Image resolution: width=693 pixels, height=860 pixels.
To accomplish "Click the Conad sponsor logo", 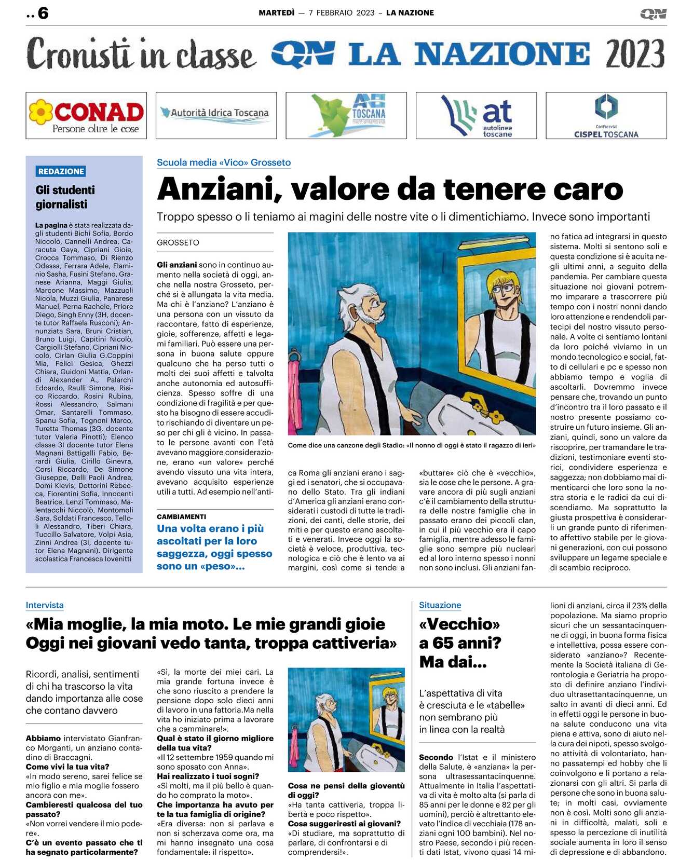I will [86, 116].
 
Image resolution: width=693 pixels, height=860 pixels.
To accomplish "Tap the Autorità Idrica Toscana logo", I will [216, 115].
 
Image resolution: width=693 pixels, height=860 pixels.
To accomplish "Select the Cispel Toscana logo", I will [606, 116].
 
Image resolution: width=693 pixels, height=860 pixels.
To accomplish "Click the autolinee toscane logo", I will [476, 116].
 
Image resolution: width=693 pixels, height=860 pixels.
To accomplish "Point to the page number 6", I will [43, 13].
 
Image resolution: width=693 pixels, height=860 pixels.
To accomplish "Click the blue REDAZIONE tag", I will [61, 171].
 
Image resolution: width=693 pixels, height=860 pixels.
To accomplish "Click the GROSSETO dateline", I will [178, 242].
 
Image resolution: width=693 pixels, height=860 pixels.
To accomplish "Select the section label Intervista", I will [45, 605].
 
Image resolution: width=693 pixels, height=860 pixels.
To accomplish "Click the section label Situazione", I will [440, 605].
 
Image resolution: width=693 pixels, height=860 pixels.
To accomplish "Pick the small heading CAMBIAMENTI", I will [181, 516].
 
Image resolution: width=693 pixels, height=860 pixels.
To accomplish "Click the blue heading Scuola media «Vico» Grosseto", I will [224, 162].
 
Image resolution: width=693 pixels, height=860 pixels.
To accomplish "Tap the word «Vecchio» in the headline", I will [459, 624].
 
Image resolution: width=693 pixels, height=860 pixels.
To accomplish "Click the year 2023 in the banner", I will [634, 54].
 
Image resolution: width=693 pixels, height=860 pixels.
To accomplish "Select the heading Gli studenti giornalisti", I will [65, 197].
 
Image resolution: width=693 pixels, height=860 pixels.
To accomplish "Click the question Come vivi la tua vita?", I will [67, 767].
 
